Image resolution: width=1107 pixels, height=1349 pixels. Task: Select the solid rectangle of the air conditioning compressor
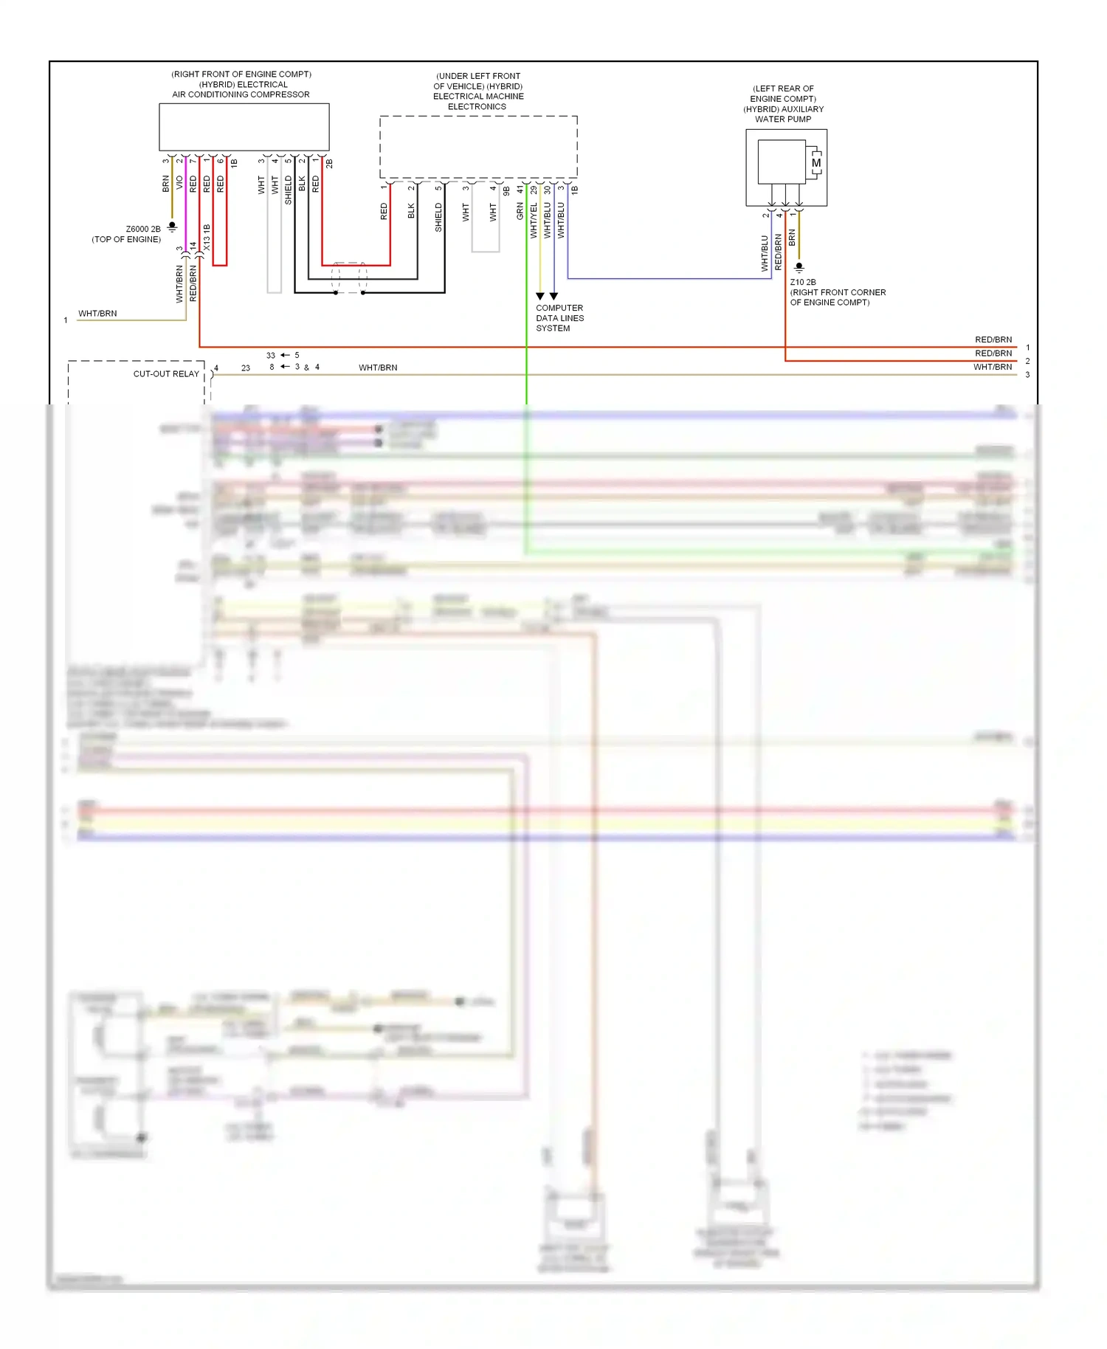pyautogui.click(x=244, y=127)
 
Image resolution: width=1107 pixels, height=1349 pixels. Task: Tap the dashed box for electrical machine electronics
pyautogui.click(x=478, y=146)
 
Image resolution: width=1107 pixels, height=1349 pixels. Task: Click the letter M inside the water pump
pyautogui.click(x=815, y=163)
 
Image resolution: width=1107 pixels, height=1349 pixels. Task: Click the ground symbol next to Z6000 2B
pyautogui.click(x=172, y=227)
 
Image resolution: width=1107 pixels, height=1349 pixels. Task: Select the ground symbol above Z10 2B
pyautogui.click(x=799, y=267)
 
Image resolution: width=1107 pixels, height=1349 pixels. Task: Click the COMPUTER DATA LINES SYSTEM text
pyautogui.click(x=559, y=318)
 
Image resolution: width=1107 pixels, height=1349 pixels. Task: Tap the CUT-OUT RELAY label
pyautogui.click(x=166, y=374)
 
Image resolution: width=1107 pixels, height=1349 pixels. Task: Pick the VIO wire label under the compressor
pyautogui.click(x=179, y=183)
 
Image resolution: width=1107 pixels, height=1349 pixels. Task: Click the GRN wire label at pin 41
pyautogui.click(x=520, y=211)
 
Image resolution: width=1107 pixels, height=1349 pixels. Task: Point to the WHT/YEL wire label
pyautogui.click(x=534, y=220)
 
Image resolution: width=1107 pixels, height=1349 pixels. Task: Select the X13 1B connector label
pyautogui.click(x=207, y=238)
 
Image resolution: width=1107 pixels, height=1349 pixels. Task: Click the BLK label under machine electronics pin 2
pyautogui.click(x=411, y=211)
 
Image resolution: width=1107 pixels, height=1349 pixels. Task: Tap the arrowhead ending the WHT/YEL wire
pyautogui.click(x=540, y=296)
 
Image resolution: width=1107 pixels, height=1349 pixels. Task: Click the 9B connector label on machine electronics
pyautogui.click(x=506, y=190)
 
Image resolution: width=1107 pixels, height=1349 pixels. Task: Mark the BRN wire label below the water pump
pyautogui.click(x=792, y=237)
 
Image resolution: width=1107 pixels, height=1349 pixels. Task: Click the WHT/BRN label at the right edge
pyautogui.click(x=992, y=368)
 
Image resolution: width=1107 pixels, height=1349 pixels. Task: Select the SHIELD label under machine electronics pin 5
pyautogui.click(x=438, y=218)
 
